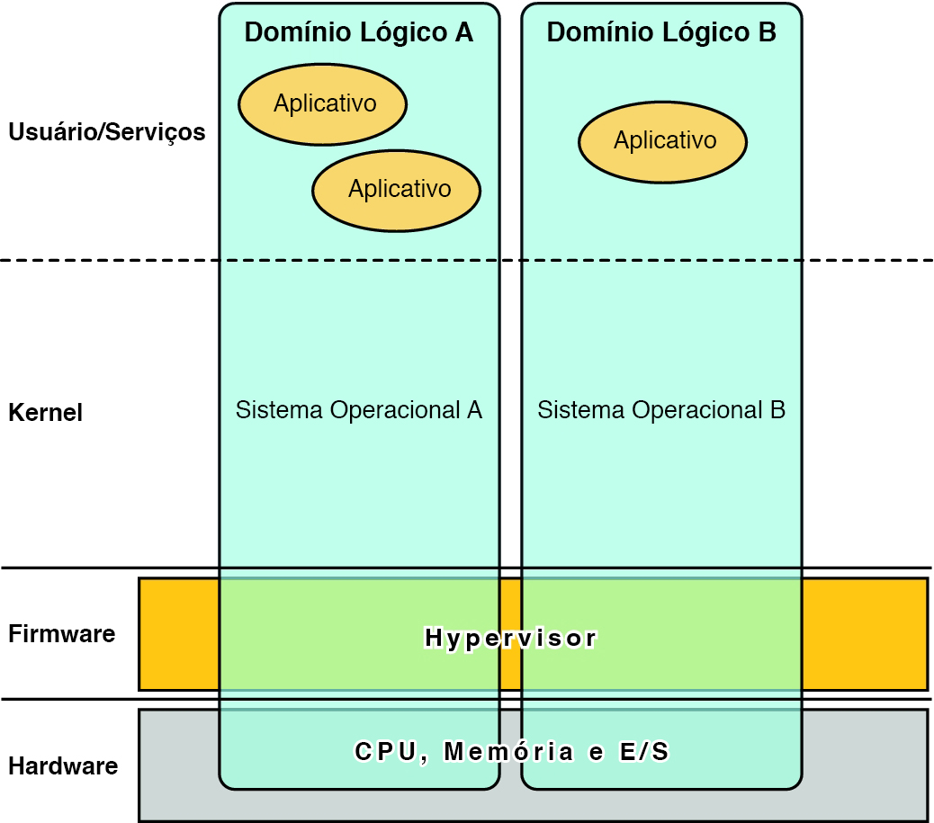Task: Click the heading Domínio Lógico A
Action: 358,32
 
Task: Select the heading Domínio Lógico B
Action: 661,32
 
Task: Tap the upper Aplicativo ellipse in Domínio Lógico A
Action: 323,104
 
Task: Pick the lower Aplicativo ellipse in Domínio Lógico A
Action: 397,190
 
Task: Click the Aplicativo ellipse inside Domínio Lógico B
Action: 663,141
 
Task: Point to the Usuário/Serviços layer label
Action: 106,132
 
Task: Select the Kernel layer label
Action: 45,413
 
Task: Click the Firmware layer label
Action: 61,634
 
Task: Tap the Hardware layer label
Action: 63,766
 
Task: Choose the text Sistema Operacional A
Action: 358,410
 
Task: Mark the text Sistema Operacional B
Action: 661,410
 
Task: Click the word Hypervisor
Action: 510,639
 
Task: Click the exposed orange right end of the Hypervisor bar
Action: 864,634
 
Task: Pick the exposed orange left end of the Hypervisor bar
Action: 178,634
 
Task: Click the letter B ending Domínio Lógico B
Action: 766,32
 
